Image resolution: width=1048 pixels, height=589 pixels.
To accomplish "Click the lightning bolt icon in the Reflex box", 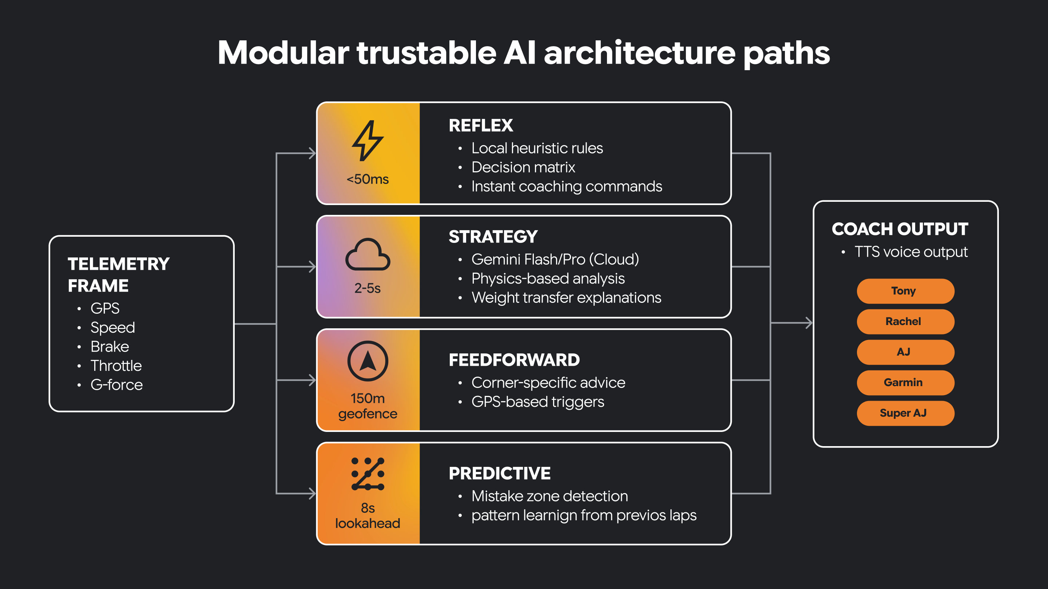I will [x=368, y=140].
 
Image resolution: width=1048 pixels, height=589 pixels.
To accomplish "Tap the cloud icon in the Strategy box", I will [x=368, y=255].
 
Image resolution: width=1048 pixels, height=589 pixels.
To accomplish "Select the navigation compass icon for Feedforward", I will [x=368, y=361].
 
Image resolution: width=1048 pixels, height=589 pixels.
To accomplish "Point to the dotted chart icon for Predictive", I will [x=368, y=474].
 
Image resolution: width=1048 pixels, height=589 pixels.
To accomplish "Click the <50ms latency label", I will [x=368, y=179].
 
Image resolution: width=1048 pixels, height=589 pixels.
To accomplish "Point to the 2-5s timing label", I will [x=368, y=288].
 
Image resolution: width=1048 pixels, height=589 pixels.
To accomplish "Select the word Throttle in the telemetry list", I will [x=116, y=366].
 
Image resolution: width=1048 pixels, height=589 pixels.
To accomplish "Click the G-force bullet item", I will [x=116, y=385].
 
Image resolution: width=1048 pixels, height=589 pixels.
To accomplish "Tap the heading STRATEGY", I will [x=493, y=237].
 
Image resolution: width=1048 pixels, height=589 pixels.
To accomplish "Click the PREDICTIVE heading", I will [x=499, y=473].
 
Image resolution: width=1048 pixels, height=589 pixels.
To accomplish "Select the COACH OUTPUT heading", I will [x=900, y=229].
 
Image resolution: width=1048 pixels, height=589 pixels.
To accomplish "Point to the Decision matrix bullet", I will [x=523, y=168].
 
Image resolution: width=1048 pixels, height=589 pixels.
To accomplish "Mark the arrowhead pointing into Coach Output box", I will [x=809, y=323].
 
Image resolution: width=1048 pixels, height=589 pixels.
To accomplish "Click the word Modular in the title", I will [x=283, y=53].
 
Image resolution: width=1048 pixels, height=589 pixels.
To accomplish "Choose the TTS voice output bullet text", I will [x=910, y=252].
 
